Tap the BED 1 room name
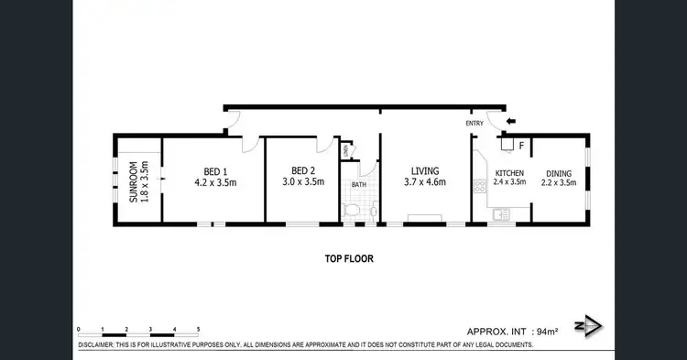pos(215,170)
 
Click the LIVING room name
pos(425,170)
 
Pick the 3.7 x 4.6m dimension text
pos(425,182)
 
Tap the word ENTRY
pos(474,124)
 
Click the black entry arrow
pos(511,119)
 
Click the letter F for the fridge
pos(521,144)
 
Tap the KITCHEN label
pos(509,172)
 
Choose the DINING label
pos(560,172)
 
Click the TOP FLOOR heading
pos(349,258)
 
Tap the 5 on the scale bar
pos(197,328)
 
